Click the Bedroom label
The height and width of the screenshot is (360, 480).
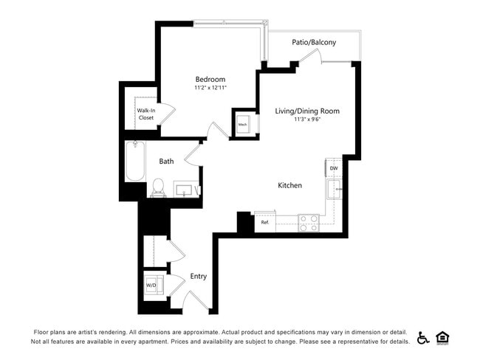[x=210, y=79]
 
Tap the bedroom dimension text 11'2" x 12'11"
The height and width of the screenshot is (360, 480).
[x=210, y=88]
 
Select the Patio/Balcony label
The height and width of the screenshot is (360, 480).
[x=314, y=42]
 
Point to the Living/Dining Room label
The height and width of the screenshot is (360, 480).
[x=307, y=111]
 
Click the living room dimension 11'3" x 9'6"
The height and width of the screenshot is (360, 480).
[x=307, y=119]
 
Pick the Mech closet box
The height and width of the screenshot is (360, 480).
[x=243, y=124]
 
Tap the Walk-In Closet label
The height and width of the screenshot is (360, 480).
[x=145, y=114]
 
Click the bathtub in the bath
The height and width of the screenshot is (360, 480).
[x=135, y=162]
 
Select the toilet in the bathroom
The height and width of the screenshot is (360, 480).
[x=158, y=188]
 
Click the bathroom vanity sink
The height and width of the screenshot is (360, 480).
[x=185, y=191]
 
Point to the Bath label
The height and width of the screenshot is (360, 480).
[x=166, y=161]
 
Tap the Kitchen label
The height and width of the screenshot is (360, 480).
[x=289, y=185]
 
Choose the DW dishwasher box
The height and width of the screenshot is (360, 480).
[x=334, y=167]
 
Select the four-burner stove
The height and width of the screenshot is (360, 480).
[x=309, y=223]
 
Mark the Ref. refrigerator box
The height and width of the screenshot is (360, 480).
[x=264, y=222]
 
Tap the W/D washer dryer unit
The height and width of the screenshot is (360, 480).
[x=151, y=285]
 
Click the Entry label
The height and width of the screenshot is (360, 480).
[x=198, y=277]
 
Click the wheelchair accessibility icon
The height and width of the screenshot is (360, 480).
[x=424, y=338]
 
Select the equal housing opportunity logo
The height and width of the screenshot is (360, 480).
[x=443, y=338]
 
